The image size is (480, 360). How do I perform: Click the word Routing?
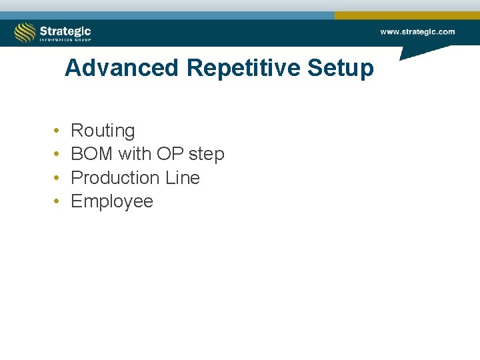click(x=103, y=131)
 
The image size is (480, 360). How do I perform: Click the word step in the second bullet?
click(x=207, y=155)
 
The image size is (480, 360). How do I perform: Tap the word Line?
click(x=183, y=178)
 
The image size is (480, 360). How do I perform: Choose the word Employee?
click(x=112, y=202)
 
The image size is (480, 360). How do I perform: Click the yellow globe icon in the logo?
click(x=25, y=32)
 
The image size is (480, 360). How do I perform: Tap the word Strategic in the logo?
click(x=65, y=30)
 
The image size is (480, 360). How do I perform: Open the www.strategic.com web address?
click(x=417, y=31)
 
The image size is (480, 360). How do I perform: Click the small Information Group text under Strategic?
click(x=65, y=39)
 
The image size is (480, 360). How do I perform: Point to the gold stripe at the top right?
click(x=407, y=15)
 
